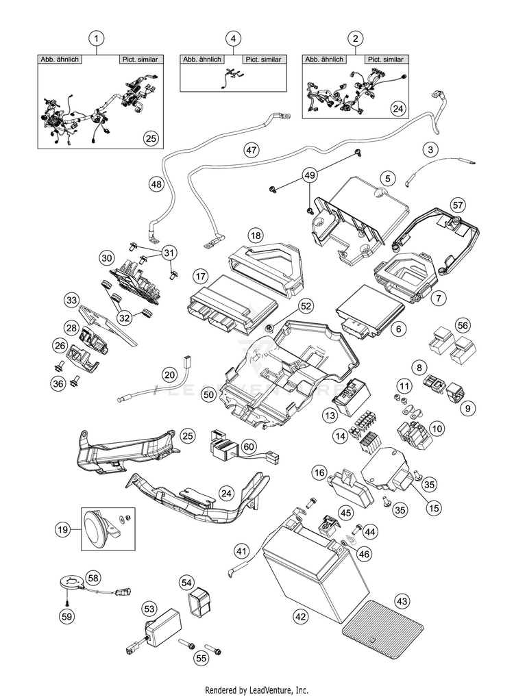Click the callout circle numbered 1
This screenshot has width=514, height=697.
96,38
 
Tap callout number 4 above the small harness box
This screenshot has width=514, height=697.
233,38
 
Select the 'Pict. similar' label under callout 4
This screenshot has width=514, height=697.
264,59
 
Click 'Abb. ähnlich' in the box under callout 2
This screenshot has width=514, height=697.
324,59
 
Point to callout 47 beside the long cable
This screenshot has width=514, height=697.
252,150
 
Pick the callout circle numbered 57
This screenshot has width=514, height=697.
458,205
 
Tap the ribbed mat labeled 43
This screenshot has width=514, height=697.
382,631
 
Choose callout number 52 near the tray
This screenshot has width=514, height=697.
305,306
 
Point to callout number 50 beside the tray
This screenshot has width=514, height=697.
209,394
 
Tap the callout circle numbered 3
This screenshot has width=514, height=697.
430,150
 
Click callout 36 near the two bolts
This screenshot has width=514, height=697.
58,383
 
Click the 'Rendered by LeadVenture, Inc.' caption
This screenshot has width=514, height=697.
256,690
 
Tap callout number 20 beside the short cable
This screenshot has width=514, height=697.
169,375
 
